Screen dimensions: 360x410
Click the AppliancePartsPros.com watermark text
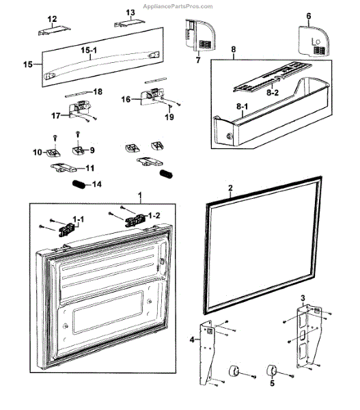(178, 6)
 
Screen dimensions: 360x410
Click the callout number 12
(52, 19)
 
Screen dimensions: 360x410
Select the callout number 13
(130, 12)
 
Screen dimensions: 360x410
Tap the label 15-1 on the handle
(89, 50)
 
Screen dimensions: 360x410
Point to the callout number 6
(309, 16)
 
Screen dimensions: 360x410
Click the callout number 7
(198, 60)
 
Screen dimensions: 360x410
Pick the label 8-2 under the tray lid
(273, 92)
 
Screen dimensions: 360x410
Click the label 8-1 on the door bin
(243, 107)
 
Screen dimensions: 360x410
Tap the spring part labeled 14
(79, 184)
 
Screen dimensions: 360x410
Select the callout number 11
(90, 168)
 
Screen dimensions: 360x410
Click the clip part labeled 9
(78, 150)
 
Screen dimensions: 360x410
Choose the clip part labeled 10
(53, 152)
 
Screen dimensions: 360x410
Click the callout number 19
(169, 117)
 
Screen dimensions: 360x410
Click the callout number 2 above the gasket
(230, 188)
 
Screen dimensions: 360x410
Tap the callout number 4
(192, 340)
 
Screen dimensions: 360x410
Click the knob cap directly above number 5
(272, 370)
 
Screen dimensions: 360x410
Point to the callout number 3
(303, 298)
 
